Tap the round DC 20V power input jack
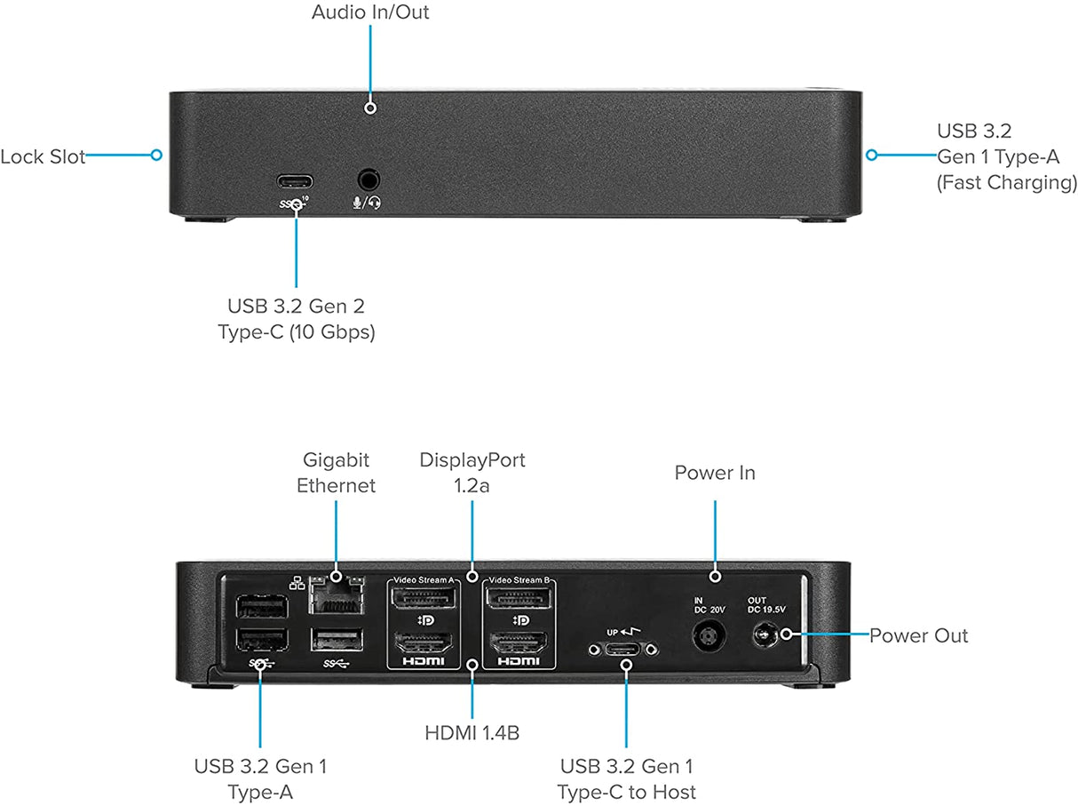click(x=708, y=637)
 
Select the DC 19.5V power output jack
click(x=764, y=635)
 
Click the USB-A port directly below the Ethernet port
click(x=337, y=640)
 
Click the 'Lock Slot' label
click(x=43, y=157)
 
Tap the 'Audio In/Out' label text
click(x=370, y=12)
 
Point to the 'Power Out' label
click(x=918, y=635)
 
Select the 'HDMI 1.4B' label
click(x=472, y=733)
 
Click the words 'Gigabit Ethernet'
click(x=336, y=473)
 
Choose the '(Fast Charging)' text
click(x=1006, y=183)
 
